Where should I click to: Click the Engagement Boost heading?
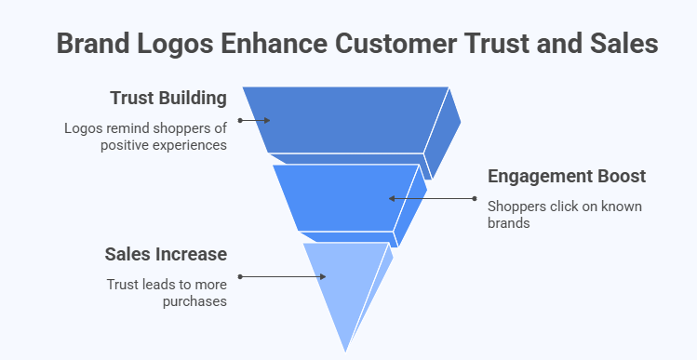point(567,176)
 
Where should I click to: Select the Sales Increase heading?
point(165,255)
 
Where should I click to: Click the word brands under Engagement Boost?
point(506,224)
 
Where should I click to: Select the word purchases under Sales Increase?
point(193,301)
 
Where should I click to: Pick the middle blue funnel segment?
point(344,197)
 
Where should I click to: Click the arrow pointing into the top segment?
point(254,120)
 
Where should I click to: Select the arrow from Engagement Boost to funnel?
point(432,198)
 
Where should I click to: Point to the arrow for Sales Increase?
point(282,276)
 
